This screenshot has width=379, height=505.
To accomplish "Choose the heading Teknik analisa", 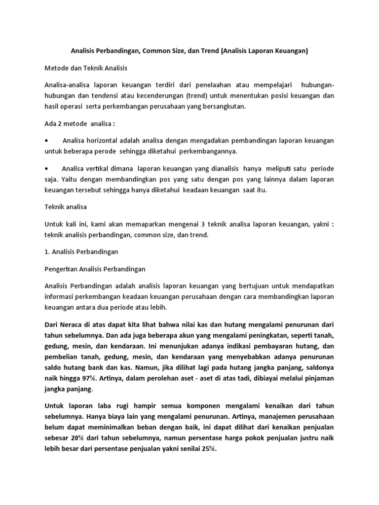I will pos(66,207).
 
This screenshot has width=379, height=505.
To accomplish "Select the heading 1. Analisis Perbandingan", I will pos(81,252).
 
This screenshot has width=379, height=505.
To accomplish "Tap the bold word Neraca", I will pos(73,325).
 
